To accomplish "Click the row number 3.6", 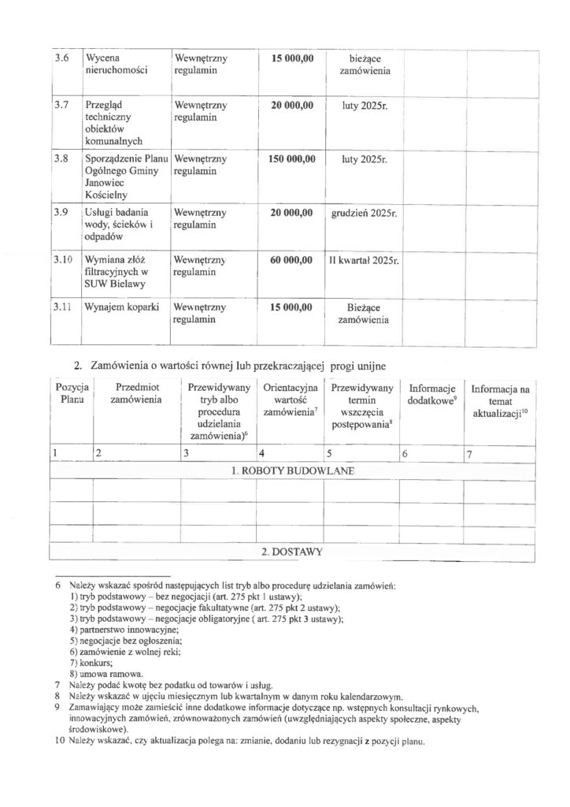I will coord(60,60).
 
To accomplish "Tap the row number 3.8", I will coord(60,159).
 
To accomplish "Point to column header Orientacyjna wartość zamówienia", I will coord(291,400).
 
